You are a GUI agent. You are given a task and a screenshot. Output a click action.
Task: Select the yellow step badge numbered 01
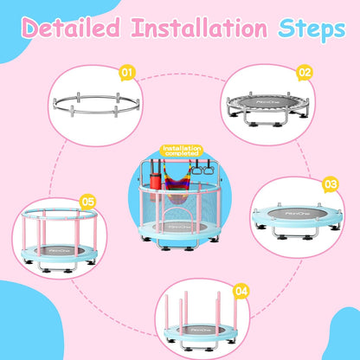click(x=127, y=74)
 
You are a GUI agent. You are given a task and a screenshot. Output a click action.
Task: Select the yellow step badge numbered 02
click(x=305, y=73)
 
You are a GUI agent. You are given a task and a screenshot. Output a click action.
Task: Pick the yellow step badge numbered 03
click(x=330, y=184)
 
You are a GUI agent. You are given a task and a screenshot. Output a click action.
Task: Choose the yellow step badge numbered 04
click(x=241, y=292)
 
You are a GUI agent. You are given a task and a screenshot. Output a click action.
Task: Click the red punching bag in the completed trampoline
click(x=155, y=185)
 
